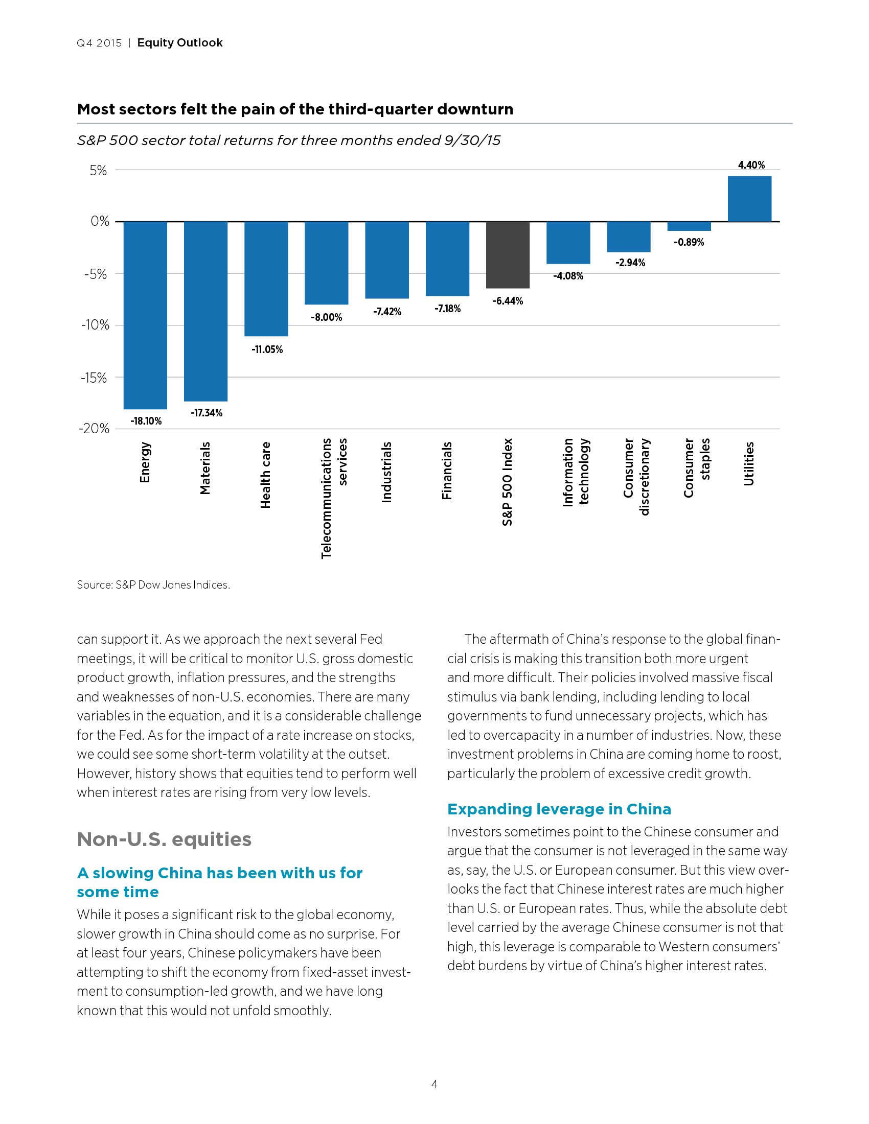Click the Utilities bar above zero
coord(749,199)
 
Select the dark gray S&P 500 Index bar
coord(508,255)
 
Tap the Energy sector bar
coord(145,315)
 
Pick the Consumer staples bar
coord(689,226)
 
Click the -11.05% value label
coord(267,349)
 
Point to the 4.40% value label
coord(751,165)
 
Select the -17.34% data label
coord(207,413)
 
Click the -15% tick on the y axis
coord(94,378)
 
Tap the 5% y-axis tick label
coord(98,170)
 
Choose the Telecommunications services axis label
coord(334,498)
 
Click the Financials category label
coord(447,471)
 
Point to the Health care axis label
coord(266,475)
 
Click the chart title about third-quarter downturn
coord(295,109)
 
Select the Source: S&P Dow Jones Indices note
coord(153,584)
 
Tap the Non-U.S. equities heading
coord(164,839)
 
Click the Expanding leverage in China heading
coord(559,809)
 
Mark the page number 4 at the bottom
coord(434,1084)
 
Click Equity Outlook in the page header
coord(179,43)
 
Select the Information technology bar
coord(568,242)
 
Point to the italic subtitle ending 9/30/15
coord(288,140)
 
